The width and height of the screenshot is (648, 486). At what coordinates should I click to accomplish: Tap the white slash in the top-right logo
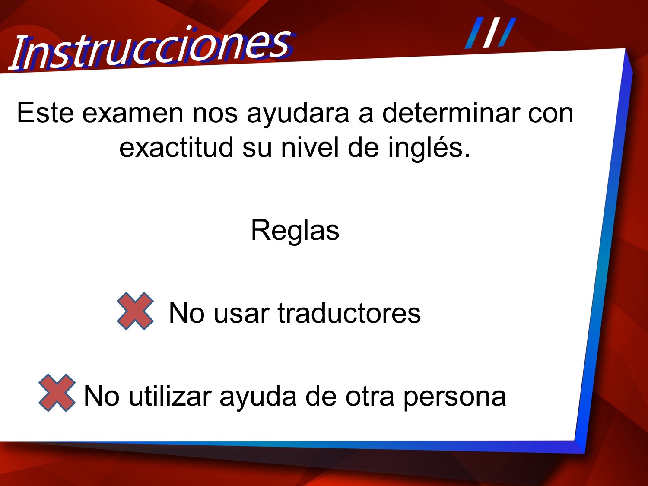[491, 32]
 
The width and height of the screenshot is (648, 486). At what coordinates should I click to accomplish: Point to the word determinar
[451, 112]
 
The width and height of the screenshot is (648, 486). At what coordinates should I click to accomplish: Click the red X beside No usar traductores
[135, 311]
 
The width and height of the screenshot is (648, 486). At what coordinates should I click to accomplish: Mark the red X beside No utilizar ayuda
[57, 393]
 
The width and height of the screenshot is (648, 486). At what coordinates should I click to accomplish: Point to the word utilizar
[170, 396]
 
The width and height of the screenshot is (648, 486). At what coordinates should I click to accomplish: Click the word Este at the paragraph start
[45, 113]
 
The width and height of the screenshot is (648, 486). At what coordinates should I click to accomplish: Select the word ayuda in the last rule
[258, 398]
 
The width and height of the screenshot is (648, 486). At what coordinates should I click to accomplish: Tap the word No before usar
[187, 313]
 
